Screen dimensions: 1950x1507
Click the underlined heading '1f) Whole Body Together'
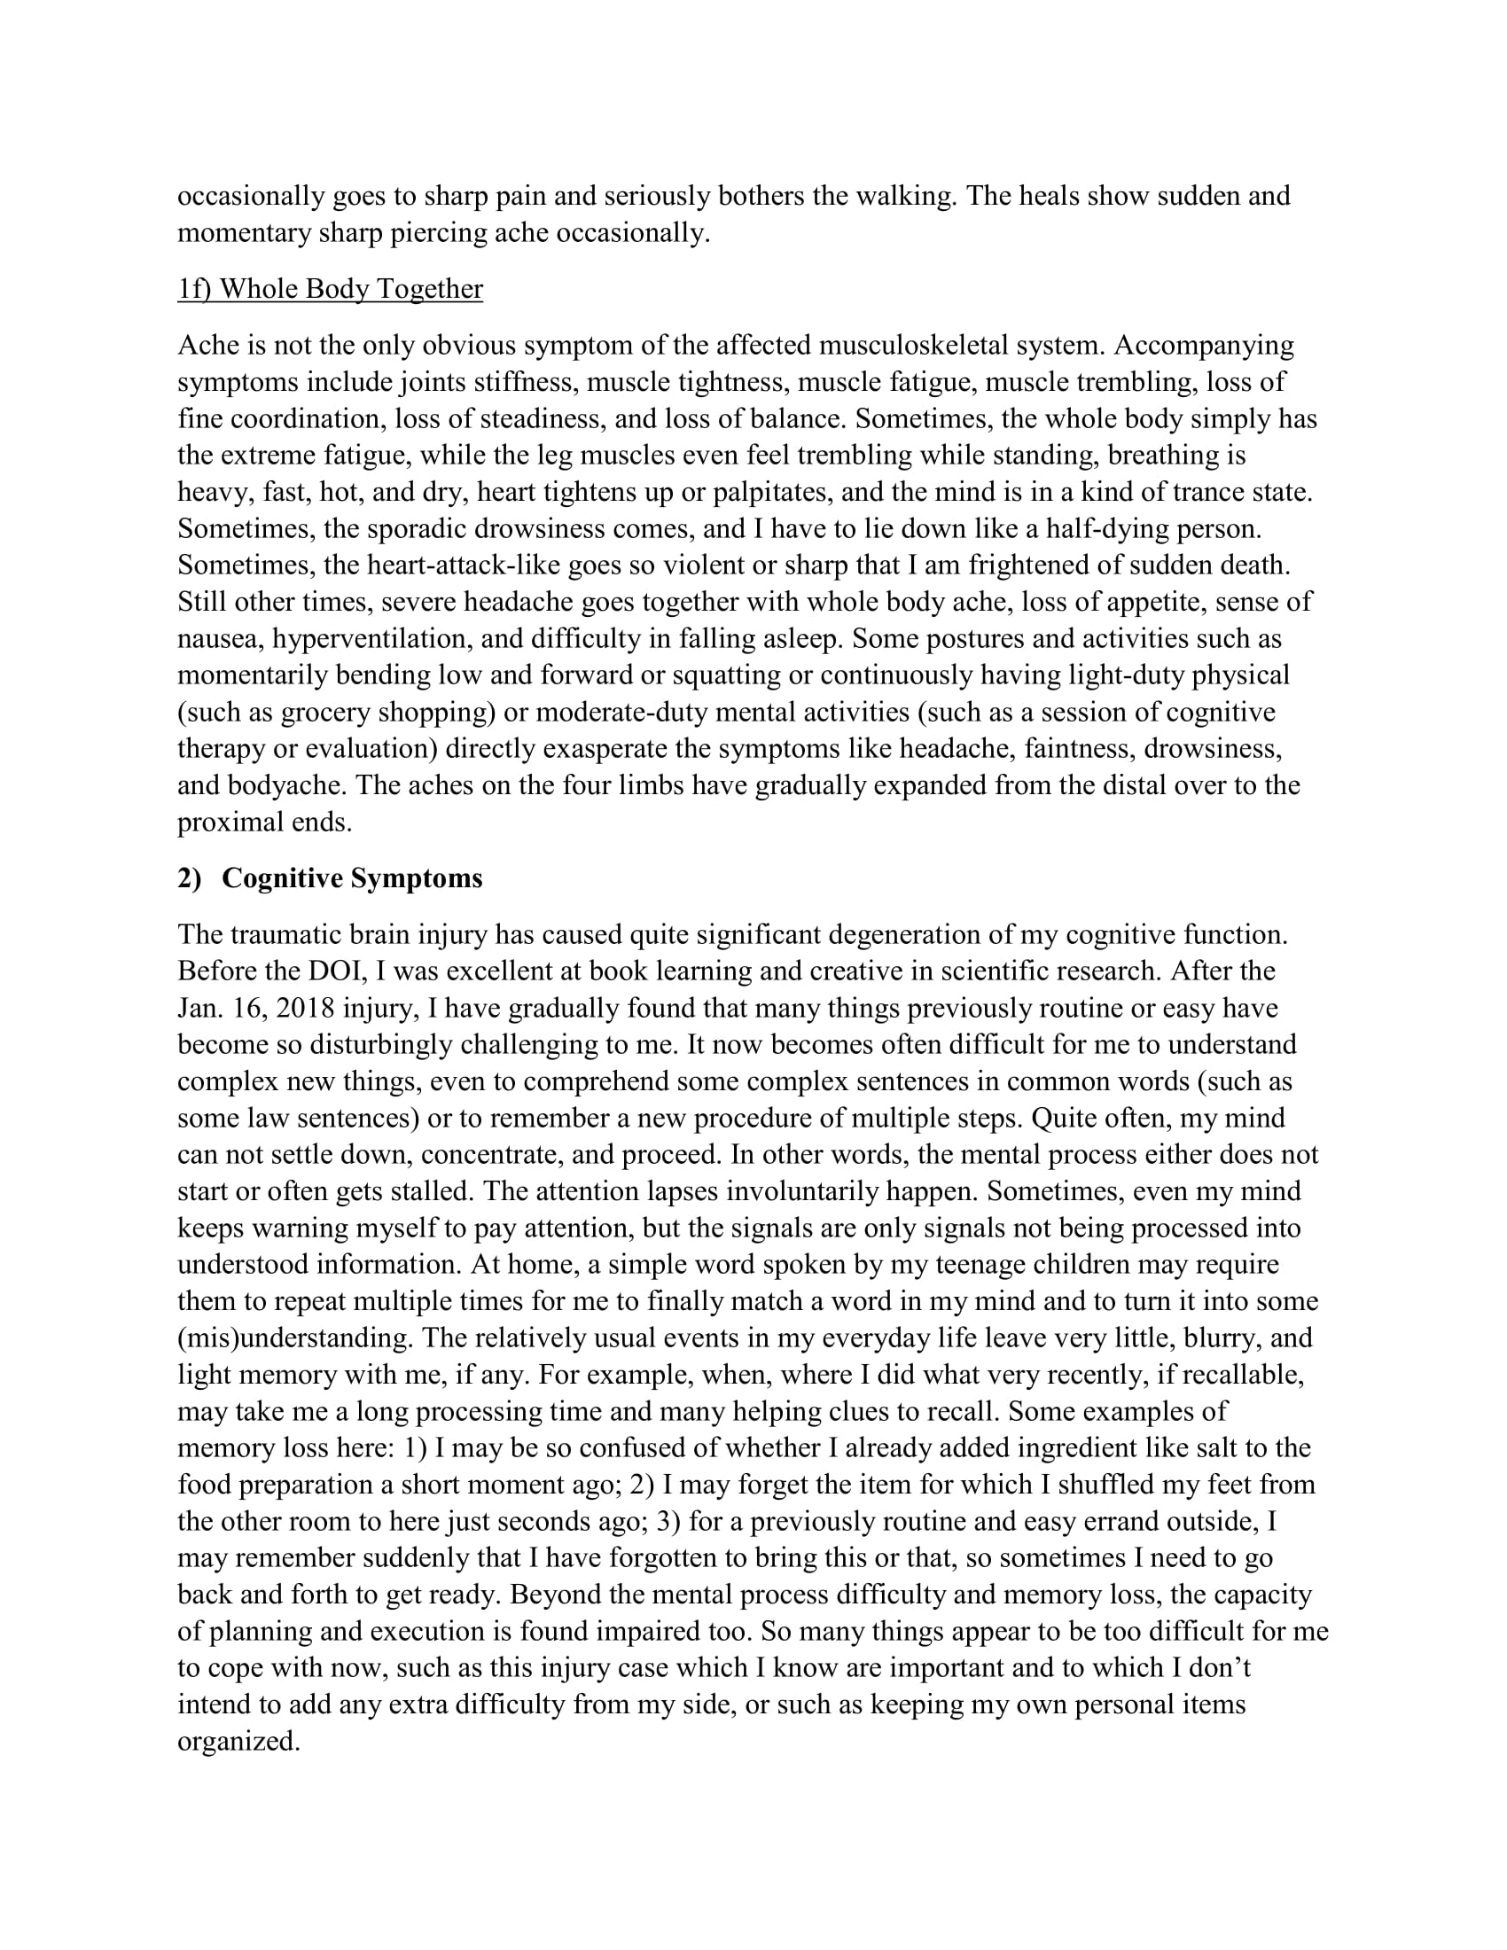tap(330, 289)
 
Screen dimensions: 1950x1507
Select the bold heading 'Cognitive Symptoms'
tap(352, 878)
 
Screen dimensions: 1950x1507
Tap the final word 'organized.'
tap(238, 1742)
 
